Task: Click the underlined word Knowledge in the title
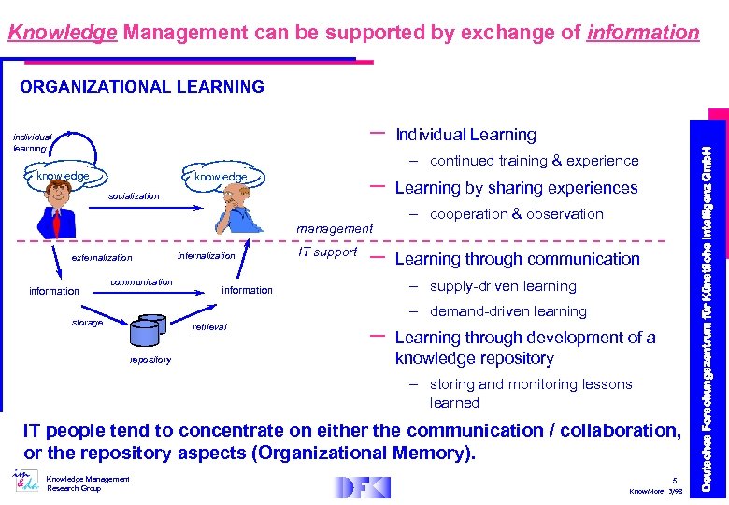(x=62, y=34)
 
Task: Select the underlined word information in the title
(x=642, y=34)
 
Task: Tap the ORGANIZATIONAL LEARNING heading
(x=142, y=87)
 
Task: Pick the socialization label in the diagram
(x=135, y=196)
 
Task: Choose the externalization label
(x=102, y=258)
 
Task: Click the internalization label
(x=206, y=255)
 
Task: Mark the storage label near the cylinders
(x=88, y=323)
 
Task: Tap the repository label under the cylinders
(x=150, y=359)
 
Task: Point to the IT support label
(x=328, y=252)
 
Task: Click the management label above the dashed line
(x=334, y=228)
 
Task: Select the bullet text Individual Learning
(x=465, y=136)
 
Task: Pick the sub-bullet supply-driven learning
(x=502, y=286)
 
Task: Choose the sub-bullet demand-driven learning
(x=507, y=311)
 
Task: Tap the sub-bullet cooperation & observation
(x=516, y=214)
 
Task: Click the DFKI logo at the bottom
(x=363, y=487)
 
